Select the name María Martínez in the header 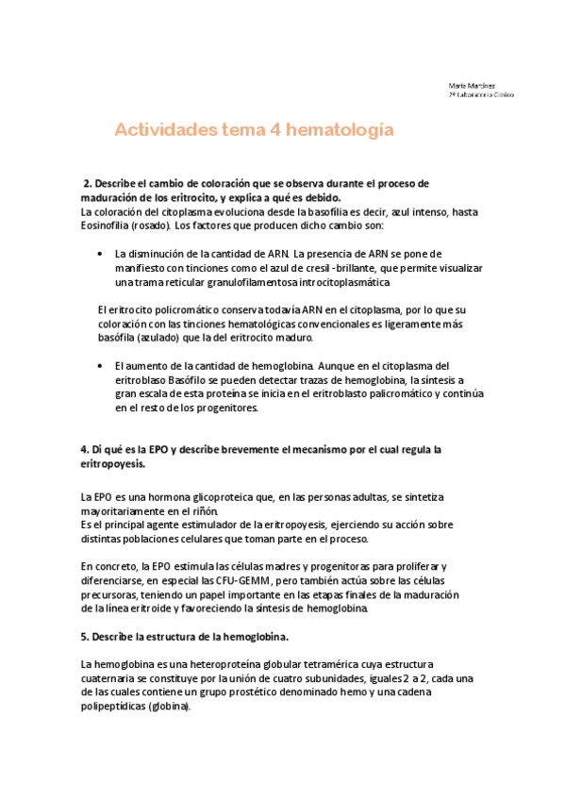point(469,85)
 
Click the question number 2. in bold point(90,183)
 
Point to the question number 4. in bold point(85,449)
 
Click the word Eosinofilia point(111,226)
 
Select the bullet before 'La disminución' point(101,255)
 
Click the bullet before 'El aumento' point(101,365)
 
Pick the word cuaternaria point(109,679)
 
